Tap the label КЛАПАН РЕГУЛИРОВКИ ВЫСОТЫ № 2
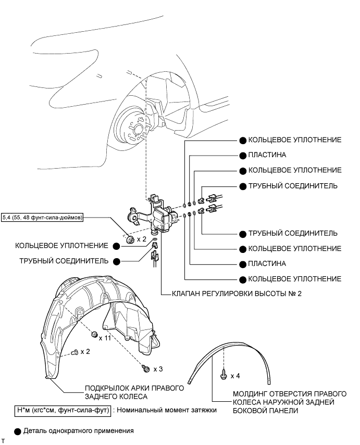click(x=237, y=294)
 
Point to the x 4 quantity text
click(x=235, y=375)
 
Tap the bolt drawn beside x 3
click(x=146, y=368)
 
